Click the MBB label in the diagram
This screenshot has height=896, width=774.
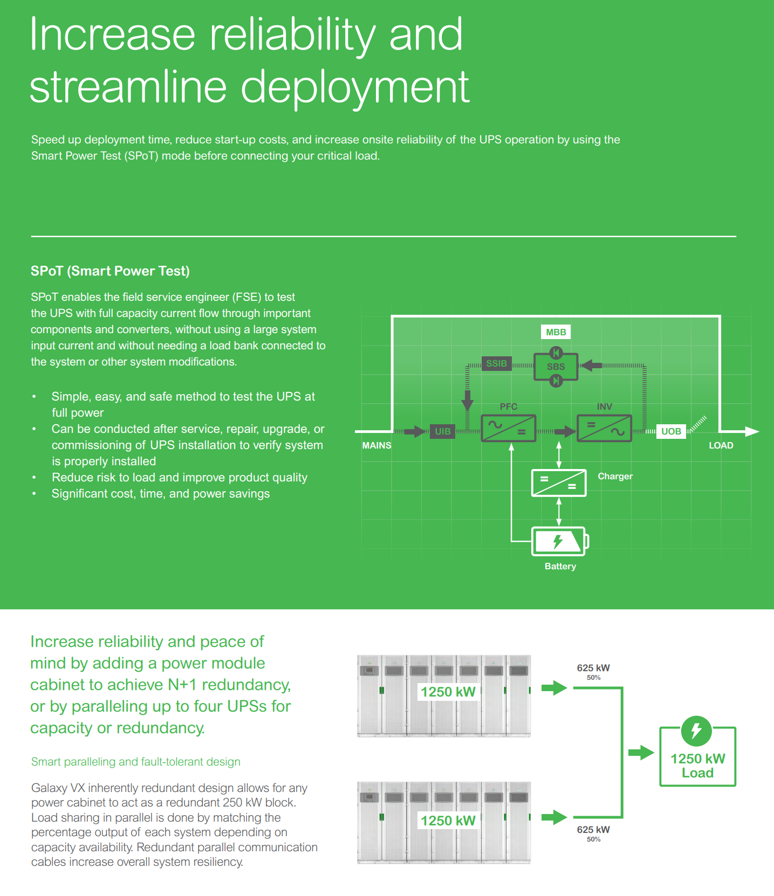556,332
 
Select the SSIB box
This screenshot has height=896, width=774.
496,363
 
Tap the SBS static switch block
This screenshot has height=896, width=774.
556,367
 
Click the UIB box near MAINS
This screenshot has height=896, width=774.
442,431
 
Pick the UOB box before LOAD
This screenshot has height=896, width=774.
671,431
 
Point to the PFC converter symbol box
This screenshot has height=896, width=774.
508,428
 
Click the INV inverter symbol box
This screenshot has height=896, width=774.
604,428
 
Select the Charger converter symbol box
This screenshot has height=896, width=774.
559,483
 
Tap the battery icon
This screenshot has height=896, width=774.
559,541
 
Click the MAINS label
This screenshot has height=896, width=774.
376,445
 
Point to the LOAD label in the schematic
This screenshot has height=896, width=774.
721,445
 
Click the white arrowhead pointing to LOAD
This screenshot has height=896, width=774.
752,431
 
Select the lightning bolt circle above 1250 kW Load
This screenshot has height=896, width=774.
696,731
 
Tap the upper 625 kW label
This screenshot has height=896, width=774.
593,668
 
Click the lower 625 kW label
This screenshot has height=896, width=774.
593,830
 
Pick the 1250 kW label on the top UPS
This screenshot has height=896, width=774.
448,692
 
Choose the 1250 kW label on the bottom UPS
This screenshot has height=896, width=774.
448,821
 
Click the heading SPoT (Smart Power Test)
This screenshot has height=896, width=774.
110,271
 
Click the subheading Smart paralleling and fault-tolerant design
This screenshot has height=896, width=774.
136,762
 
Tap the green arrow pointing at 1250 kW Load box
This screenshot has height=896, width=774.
641,753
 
